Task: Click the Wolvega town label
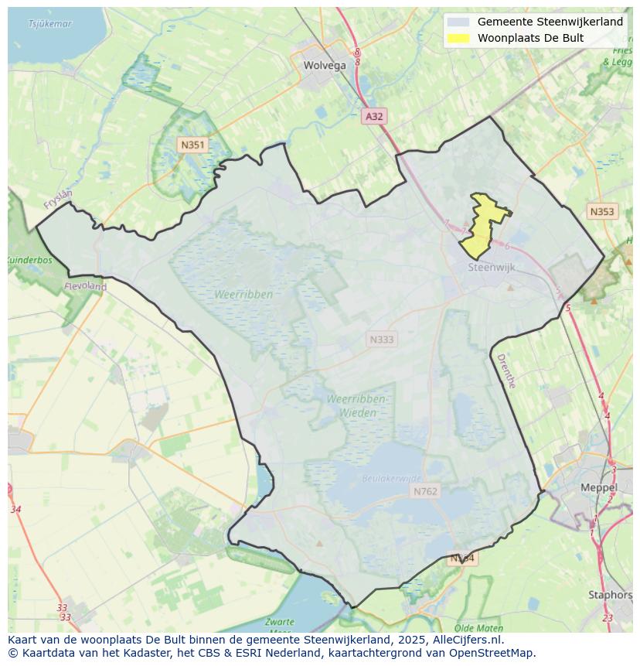325,66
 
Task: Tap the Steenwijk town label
492,268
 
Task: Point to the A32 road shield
374,116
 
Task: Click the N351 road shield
192,145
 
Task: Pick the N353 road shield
602,212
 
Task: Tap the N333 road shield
381,339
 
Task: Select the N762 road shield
425,491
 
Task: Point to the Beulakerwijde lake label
392,479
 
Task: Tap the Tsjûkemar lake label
49,24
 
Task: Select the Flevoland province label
85,286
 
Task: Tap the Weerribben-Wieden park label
356,405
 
